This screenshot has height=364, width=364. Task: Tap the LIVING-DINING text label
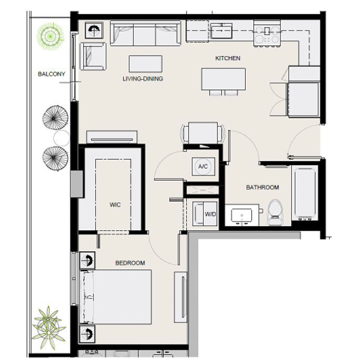pyautogui.click(x=143, y=79)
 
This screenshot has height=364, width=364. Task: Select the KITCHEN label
pyautogui.click(x=228, y=58)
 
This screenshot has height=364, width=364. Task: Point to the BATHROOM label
pyautogui.click(x=262, y=187)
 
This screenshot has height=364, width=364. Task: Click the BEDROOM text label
pyautogui.click(x=130, y=263)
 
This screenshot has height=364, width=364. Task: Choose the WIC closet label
pyautogui.click(x=115, y=205)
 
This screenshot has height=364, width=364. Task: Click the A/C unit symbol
pyautogui.click(x=202, y=166)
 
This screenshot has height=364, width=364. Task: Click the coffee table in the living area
pyautogui.click(x=145, y=63)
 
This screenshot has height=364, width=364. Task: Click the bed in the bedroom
pyautogui.click(x=117, y=297)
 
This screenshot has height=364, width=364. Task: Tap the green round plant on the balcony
pyautogui.click(x=50, y=35)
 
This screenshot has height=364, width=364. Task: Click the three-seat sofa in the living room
pyautogui.click(x=145, y=34)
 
